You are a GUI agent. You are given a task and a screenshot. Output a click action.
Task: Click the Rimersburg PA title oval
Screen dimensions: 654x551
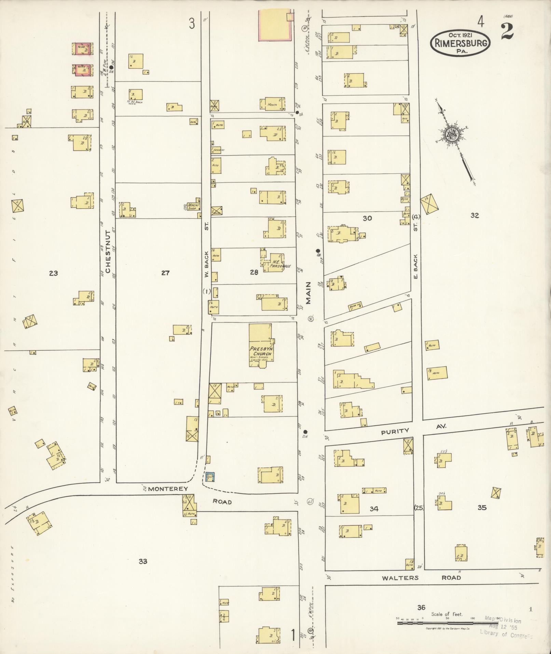pyautogui.click(x=460, y=43)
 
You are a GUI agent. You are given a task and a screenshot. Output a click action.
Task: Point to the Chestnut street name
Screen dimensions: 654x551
pyautogui.click(x=108, y=252)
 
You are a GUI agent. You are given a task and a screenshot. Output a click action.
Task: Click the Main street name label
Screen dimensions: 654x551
pyautogui.click(x=308, y=293)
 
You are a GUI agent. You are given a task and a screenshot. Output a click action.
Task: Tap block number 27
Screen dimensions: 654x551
pyautogui.click(x=165, y=273)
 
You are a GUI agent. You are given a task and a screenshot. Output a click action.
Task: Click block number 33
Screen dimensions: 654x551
pyautogui.click(x=143, y=561)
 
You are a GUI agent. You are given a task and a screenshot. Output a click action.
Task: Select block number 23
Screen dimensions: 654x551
pyautogui.click(x=53, y=273)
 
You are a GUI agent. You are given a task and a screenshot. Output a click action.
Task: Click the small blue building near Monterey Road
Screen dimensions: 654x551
pyautogui.click(x=210, y=476)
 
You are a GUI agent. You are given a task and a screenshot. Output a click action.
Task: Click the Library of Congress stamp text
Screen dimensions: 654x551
pyautogui.click(x=506, y=635)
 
